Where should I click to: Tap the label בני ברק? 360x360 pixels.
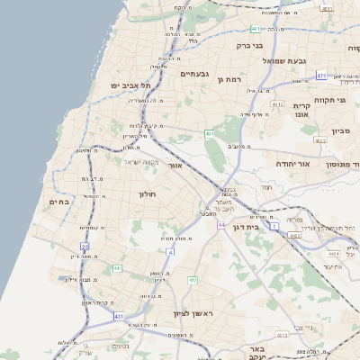click(x=249, y=44)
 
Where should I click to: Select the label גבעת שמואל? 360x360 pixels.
click(x=284, y=60)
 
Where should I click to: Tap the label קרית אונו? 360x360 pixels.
click(x=301, y=110)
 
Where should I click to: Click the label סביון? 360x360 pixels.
click(x=340, y=130)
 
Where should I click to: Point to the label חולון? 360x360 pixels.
click(x=148, y=193)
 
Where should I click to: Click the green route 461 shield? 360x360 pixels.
click(x=209, y=133)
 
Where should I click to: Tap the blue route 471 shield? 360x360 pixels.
click(x=320, y=76)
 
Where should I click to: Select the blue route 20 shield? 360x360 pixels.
click(x=85, y=245)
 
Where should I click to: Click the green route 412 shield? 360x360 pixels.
click(x=192, y=280)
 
